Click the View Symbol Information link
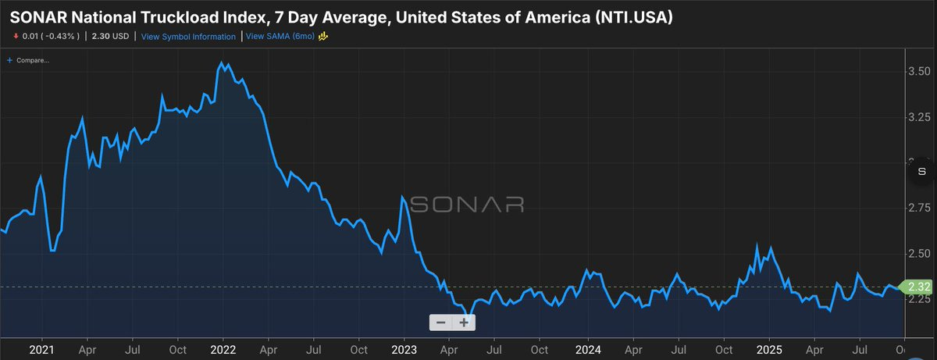pyautogui.click(x=188, y=37)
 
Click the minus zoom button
pyautogui.click(x=441, y=323)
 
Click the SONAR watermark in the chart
pyautogui.click(x=467, y=205)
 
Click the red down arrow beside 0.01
pyautogui.click(x=16, y=37)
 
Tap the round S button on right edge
pyautogui.click(x=921, y=171)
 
